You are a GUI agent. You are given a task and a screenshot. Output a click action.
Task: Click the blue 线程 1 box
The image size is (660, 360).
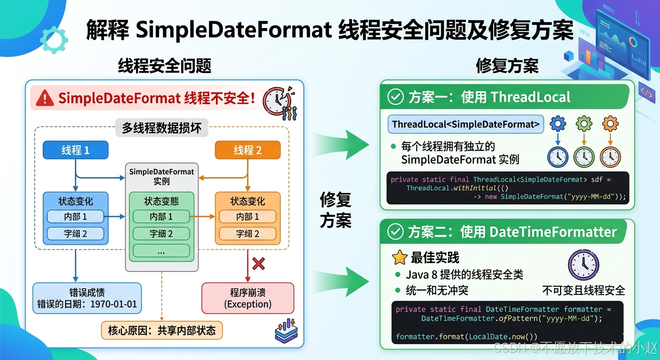(75, 150)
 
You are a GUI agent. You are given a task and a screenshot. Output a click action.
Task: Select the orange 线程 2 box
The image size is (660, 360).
(247, 150)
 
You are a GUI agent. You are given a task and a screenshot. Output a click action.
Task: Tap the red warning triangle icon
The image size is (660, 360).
(45, 98)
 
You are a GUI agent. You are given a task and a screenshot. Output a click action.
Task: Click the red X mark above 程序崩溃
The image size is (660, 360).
(258, 264)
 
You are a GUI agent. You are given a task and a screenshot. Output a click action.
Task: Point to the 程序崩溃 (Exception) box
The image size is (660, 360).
(248, 298)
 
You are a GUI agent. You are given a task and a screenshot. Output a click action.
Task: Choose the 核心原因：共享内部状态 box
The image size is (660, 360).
(162, 330)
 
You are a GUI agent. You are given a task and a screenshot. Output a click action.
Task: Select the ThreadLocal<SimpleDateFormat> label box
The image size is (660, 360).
(466, 124)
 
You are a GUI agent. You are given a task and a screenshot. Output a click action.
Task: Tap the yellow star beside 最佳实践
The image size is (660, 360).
(399, 257)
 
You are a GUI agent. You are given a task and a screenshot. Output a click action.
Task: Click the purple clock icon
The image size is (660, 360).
(583, 265)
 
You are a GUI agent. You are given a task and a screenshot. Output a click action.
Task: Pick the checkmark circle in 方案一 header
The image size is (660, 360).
(396, 97)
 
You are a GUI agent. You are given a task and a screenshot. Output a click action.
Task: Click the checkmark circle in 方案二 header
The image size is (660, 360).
(396, 232)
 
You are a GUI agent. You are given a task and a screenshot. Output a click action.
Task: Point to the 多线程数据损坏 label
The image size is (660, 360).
(162, 128)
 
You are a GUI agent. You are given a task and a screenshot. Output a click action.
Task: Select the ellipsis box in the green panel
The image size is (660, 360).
(161, 251)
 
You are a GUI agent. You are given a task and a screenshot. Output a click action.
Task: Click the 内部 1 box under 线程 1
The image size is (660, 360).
(75, 217)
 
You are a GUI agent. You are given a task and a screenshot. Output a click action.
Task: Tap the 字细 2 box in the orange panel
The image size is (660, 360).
(247, 233)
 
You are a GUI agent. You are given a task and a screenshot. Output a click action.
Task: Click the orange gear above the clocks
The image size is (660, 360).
(610, 124)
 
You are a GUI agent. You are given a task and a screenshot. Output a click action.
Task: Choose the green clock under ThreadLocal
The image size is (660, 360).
(584, 157)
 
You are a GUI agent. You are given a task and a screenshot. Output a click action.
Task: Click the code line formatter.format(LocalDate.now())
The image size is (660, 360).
(466, 337)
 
